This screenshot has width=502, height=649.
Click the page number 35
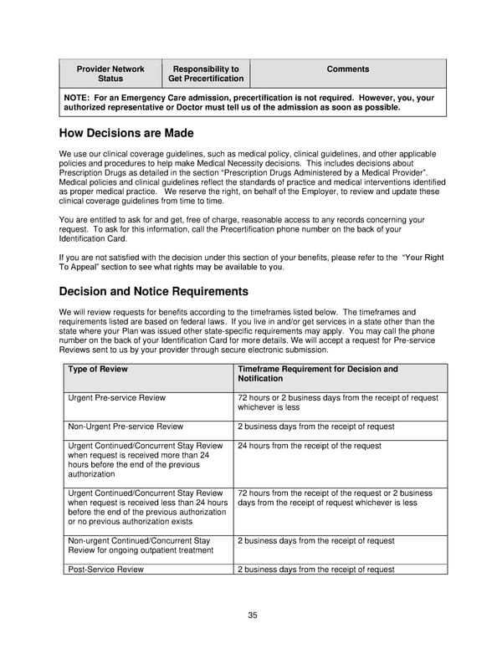252,616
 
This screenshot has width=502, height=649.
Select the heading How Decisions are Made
126,133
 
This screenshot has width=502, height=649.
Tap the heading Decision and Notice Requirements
153,292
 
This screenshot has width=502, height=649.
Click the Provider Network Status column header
110,74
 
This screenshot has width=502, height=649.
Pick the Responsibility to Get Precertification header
205,74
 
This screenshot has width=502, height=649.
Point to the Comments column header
347,69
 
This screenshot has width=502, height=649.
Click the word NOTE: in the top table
79,98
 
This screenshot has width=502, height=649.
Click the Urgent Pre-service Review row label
117,398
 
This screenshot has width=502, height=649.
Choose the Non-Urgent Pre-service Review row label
125,427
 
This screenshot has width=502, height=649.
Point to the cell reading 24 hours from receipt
309,446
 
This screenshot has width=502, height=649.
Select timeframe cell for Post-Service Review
315,570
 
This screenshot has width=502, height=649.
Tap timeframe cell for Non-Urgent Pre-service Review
315,427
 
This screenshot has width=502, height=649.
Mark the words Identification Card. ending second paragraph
94,238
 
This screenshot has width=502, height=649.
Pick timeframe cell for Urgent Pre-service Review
337,403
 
